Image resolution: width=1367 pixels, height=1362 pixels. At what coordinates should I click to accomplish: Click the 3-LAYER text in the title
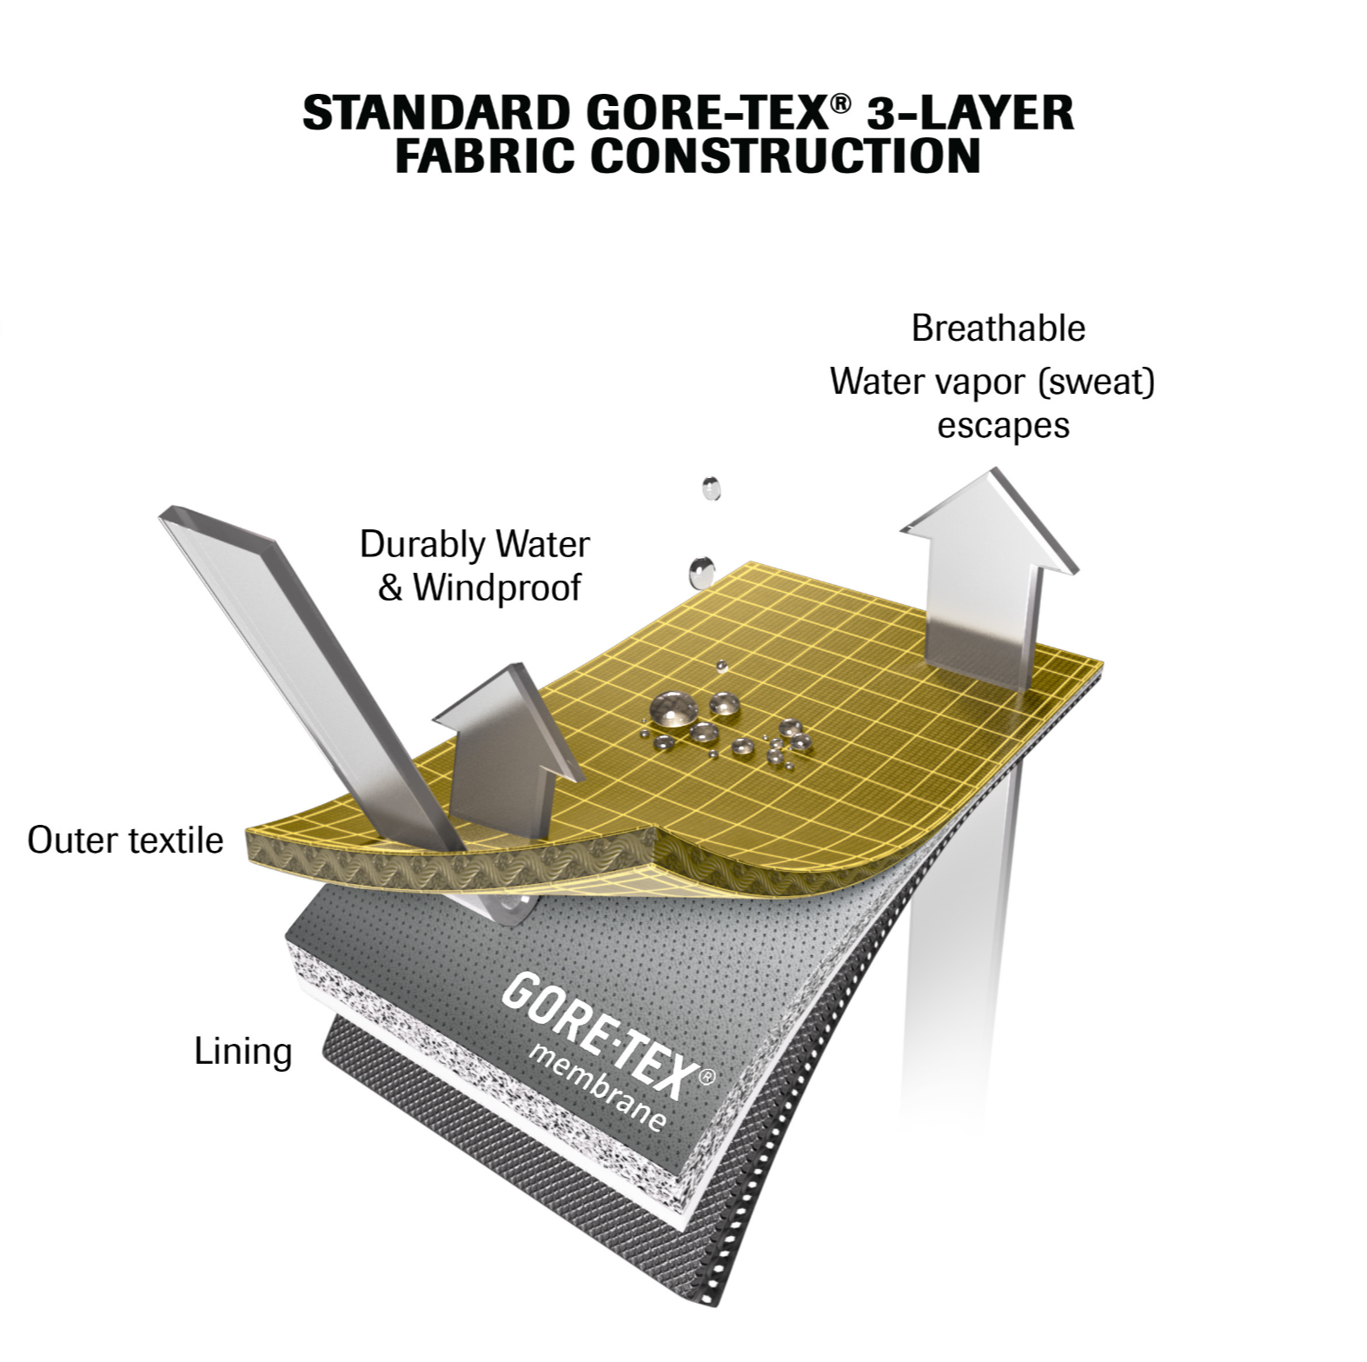(x=973, y=114)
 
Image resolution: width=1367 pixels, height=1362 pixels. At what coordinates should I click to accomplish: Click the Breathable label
(x=998, y=329)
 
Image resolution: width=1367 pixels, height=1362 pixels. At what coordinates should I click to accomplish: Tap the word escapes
(x=1003, y=426)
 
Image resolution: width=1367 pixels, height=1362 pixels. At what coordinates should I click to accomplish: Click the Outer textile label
(x=125, y=840)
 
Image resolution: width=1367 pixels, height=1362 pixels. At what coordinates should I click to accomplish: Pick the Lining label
(x=242, y=1051)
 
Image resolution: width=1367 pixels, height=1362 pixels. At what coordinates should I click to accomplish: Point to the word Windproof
(x=496, y=588)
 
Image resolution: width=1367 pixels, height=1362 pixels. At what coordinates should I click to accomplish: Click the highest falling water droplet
(x=711, y=488)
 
